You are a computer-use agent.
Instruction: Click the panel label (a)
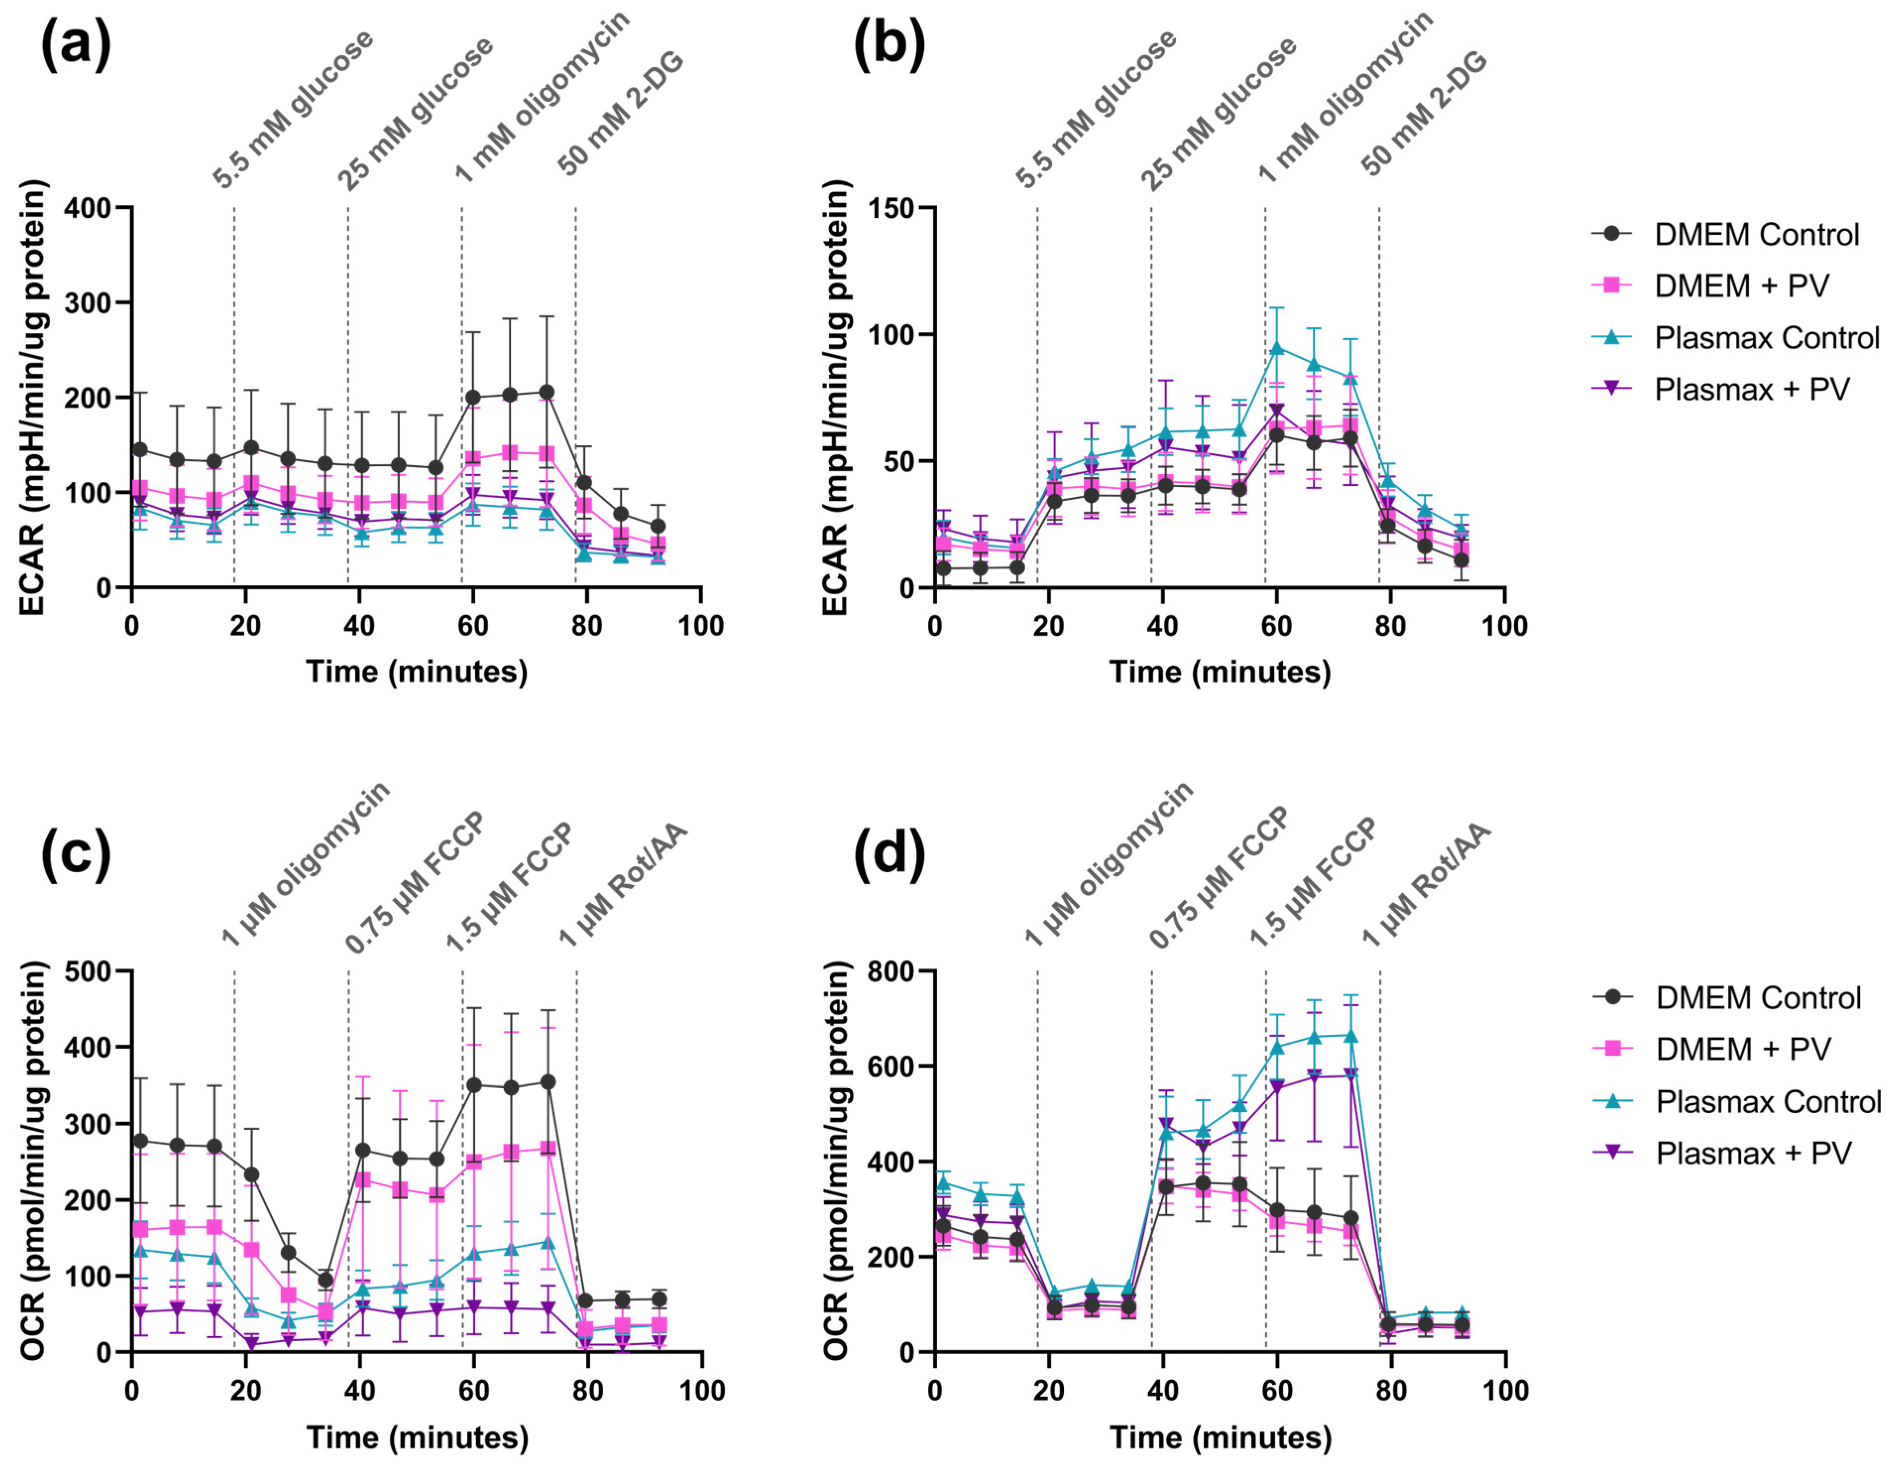[76, 45]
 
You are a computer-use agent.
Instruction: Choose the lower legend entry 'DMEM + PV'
[1742, 1050]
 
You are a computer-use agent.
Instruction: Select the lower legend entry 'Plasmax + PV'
[1753, 1154]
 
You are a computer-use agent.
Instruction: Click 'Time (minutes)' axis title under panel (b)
[1220, 672]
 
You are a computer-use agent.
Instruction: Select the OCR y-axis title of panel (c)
[33, 1162]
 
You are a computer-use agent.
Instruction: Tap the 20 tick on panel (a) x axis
[246, 625]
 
